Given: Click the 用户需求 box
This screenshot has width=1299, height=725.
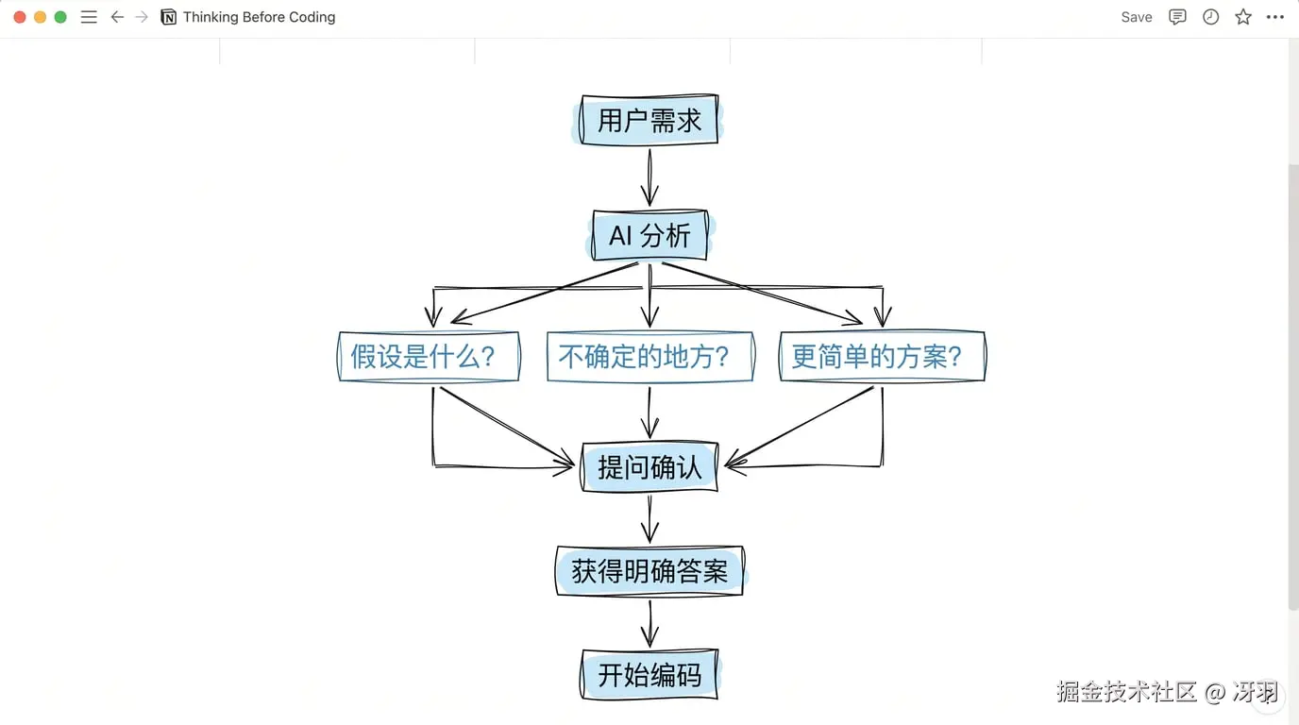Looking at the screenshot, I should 649,120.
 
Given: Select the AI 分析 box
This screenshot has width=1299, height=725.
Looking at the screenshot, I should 649,235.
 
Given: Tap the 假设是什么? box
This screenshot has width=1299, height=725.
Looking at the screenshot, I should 429,357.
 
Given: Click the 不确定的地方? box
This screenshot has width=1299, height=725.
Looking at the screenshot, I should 649,357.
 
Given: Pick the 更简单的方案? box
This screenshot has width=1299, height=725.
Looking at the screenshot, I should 882,357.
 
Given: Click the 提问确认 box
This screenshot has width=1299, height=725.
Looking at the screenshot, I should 649,467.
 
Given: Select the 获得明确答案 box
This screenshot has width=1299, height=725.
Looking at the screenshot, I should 649,571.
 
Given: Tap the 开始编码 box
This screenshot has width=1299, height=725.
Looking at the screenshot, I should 649,675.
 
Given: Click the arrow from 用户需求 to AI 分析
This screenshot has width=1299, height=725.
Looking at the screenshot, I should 649,177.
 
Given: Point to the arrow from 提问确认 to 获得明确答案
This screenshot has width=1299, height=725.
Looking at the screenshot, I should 649,518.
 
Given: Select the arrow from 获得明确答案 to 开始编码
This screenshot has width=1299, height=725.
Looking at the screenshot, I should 649,622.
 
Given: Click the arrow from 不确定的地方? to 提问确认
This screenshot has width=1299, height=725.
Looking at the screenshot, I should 649,412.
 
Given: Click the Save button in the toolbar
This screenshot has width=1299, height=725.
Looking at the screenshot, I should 1137,17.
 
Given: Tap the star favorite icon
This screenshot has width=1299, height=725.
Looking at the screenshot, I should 1243,17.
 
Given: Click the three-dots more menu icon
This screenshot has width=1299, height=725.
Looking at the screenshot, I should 1275,17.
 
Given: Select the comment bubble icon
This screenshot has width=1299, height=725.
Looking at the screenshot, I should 1177,17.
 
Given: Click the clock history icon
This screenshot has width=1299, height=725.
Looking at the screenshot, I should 1210,17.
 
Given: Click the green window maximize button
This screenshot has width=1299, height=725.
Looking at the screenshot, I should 60,17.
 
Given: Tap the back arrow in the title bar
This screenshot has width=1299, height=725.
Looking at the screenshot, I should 117,17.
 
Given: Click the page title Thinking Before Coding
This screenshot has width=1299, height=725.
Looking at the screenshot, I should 259,17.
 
